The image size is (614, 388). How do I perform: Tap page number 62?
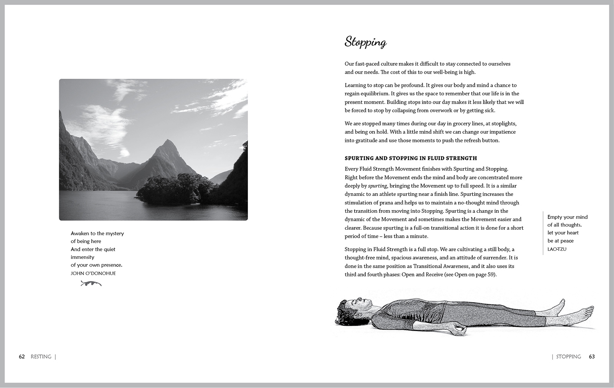pyautogui.click(x=22, y=356)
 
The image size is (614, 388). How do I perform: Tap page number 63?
pyautogui.click(x=592, y=356)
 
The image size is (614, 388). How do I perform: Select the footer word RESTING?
pyautogui.click(x=41, y=356)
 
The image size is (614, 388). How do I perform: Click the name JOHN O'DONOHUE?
pyautogui.click(x=93, y=274)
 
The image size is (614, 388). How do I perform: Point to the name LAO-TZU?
pyautogui.click(x=557, y=249)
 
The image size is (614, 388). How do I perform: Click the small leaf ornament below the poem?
pyautogui.click(x=91, y=284)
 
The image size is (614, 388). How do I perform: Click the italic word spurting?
pyautogui.click(x=377, y=186)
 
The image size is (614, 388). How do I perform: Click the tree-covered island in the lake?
pyautogui.click(x=173, y=188)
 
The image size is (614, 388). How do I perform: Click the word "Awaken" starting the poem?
pyautogui.click(x=80, y=234)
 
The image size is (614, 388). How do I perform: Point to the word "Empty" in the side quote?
pyautogui.click(x=555, y=217)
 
